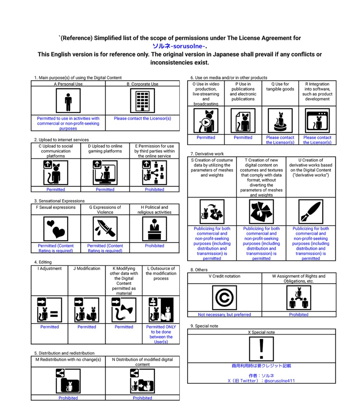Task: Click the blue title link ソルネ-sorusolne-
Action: tap(179, 46)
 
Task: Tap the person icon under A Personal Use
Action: tap(68, 101)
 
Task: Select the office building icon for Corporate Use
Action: tap(142, 101)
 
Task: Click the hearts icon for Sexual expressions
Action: tap(56, 228)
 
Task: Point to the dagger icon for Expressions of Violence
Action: tap(105, 228)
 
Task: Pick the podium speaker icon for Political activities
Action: tap(154, 228)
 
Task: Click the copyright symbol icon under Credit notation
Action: tap(225, 298)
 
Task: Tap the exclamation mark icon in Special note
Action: tap(261, 349)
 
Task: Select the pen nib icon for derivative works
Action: tap(311, 212)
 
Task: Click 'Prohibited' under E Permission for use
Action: tap(154, 189)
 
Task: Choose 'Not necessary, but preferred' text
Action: tap(225, 315)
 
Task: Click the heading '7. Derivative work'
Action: tap(207, 154)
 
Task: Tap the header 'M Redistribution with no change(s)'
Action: tap(68, 360)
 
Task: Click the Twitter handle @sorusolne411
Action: tap(279, 381)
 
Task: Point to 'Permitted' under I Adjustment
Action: tap(50, 327)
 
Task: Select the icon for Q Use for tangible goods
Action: tap(280, 121)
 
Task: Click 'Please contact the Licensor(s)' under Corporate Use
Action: tap(142, 119)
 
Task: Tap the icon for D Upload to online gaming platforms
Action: tap(105, 173)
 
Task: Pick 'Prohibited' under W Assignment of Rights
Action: tap(298, 315)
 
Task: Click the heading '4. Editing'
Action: tap(43, 262)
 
